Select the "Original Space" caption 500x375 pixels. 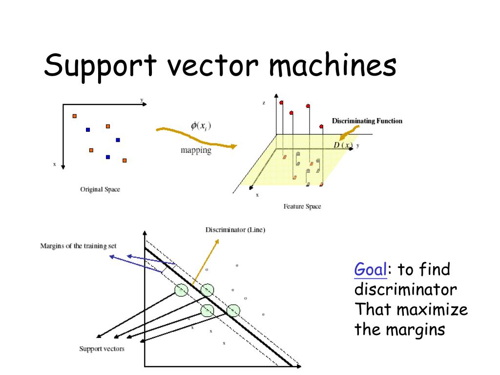tap(100, 189)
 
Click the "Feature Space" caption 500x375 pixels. tap(302, 207)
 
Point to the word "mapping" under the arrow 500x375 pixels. tap(196, 150)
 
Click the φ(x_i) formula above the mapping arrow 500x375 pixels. tap(201, 126)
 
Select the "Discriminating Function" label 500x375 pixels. tap(367, 121)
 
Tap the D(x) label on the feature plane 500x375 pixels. tap(343, 145)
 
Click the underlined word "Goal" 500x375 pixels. tap(371, 269)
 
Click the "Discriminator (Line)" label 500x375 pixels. tap(235, 229)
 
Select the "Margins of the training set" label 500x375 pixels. tap(78, 246)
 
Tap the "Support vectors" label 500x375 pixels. tap(102, 349)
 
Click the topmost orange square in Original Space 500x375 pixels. tap(75, 116)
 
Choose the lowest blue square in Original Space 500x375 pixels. tap(108, 157)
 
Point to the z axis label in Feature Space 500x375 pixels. tap(264, 103)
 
